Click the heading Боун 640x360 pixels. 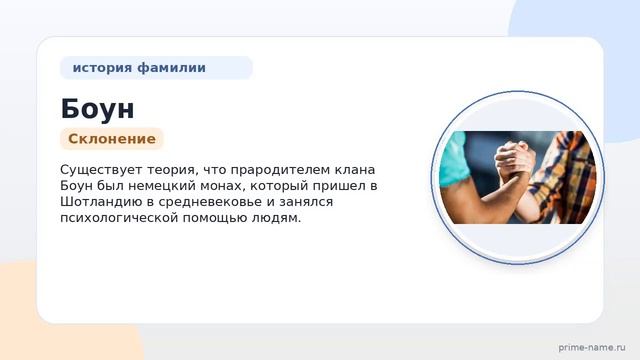97,109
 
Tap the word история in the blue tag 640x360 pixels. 102,67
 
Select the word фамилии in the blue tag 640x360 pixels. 171,67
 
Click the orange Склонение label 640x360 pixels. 112,139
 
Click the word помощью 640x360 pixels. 215,218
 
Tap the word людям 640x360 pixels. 276,218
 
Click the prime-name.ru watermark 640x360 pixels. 592,347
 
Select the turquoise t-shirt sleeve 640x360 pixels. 452,160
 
